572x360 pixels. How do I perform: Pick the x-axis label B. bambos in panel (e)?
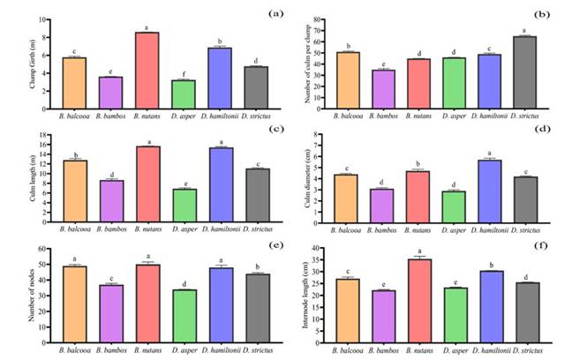click(109, 351)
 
